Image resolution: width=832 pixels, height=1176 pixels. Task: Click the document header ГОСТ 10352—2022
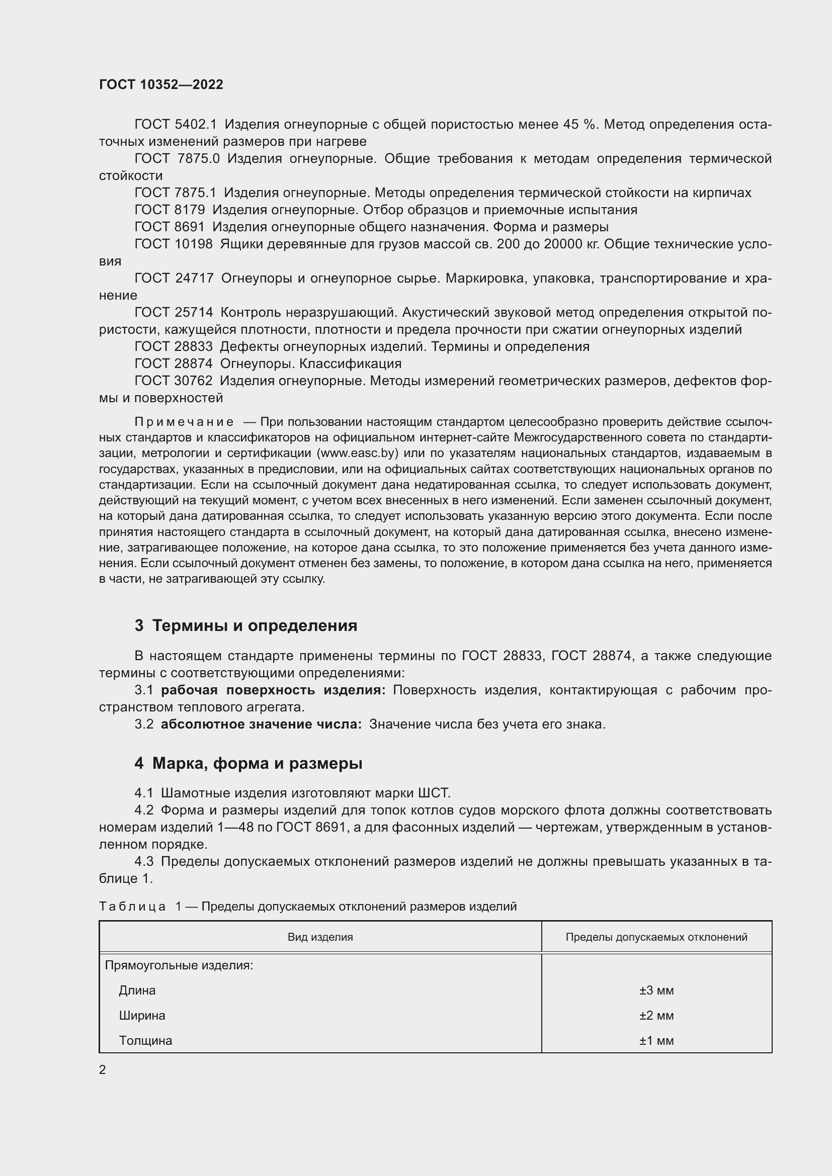tap(161, 84)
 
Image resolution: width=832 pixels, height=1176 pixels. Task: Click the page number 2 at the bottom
tap(103, 1070)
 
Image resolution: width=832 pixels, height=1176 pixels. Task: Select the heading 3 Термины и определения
tap(246, 626)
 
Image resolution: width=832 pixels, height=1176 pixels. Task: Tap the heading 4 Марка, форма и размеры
tap(248, 764)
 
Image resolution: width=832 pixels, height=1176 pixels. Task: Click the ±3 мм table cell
tap(656, 990)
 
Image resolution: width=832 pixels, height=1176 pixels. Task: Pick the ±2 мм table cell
tap(656, 1016)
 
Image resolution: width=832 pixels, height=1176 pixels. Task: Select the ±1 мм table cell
tap(656, 1041)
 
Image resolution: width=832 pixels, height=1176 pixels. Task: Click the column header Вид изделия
tap(320, 937)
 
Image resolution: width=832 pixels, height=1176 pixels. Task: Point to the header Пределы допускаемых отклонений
tap(656, 937)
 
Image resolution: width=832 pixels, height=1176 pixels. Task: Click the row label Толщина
tap(145, 1041)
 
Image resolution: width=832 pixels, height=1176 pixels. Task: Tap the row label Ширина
tap(142, 1016)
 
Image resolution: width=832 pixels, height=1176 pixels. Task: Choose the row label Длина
tap(137, 990)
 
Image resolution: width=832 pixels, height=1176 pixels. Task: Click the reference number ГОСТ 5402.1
tap(176, 125)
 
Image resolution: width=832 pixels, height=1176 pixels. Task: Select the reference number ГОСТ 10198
tap(173, 244)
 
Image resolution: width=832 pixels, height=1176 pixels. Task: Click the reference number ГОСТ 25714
tap(173, 312)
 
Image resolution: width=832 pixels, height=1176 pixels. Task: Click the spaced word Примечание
tap(184, 422)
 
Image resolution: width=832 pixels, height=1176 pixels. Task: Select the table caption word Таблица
tap(132, 907)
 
